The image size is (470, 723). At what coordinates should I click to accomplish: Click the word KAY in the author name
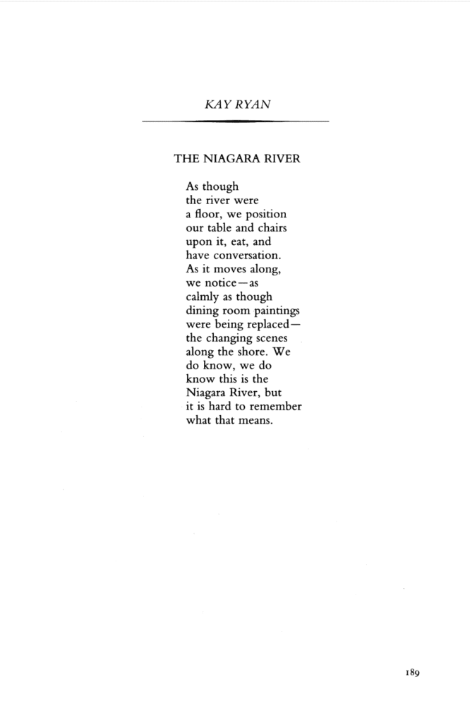point(215,104)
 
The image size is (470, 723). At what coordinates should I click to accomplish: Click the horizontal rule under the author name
point(235,122)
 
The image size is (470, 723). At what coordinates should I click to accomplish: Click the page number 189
point(413,673)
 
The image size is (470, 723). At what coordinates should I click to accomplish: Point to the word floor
point(211,213)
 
